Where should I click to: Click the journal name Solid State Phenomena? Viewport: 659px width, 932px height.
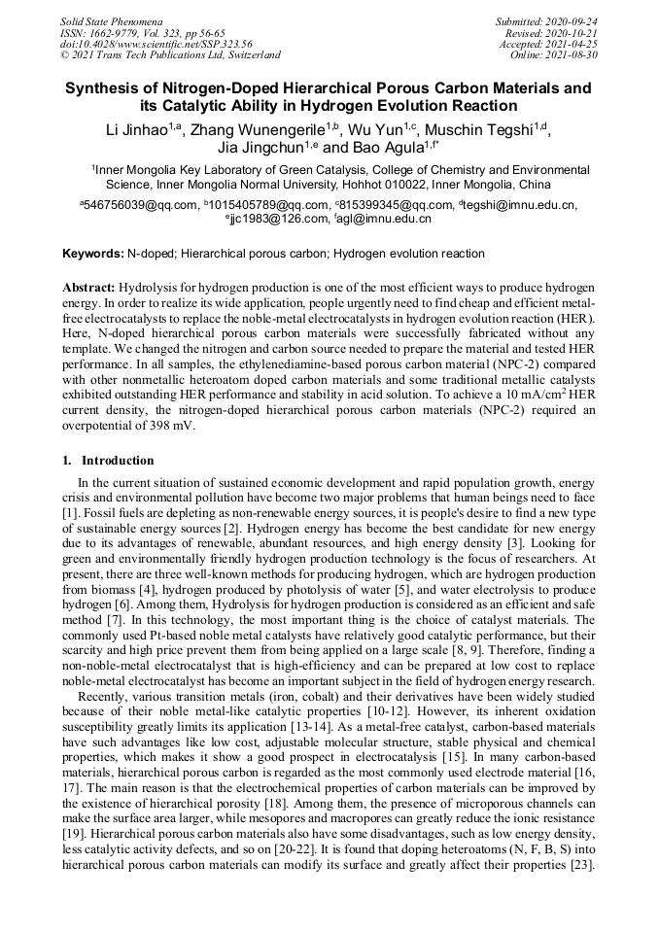click(x=111, y=20)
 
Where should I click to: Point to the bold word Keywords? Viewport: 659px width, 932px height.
click(x=93, y=254)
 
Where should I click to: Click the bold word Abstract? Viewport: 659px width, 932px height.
click(x=88, y=289)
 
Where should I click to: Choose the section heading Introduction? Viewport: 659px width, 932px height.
click(x=117, y=460)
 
